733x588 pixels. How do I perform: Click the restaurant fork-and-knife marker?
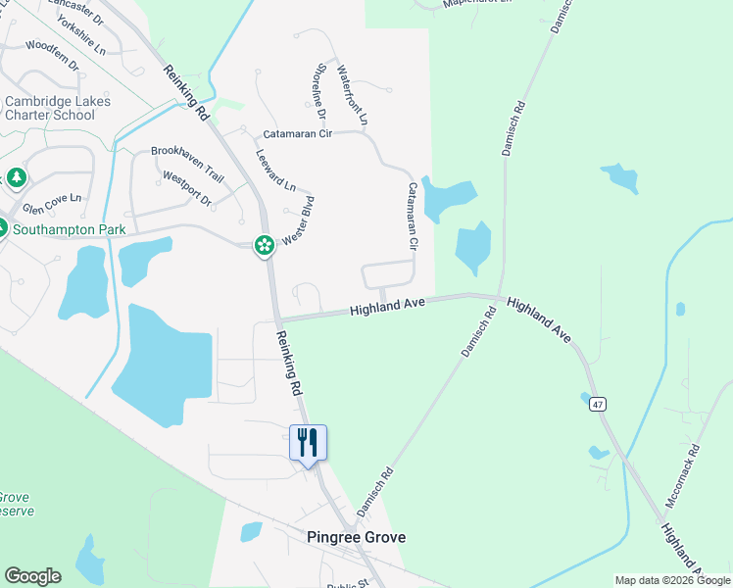click(308, 443)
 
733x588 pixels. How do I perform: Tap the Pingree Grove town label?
click(356, 537)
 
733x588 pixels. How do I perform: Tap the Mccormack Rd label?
click(683, 475)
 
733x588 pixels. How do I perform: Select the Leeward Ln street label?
click(275, 170)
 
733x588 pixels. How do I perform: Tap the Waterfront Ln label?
click(352, 95)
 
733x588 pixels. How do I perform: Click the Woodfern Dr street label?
click(52, 55)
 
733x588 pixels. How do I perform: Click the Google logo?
click(32, 576)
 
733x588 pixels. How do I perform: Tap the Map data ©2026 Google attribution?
click(673, 581)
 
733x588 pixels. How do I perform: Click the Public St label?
click(347, 585)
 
